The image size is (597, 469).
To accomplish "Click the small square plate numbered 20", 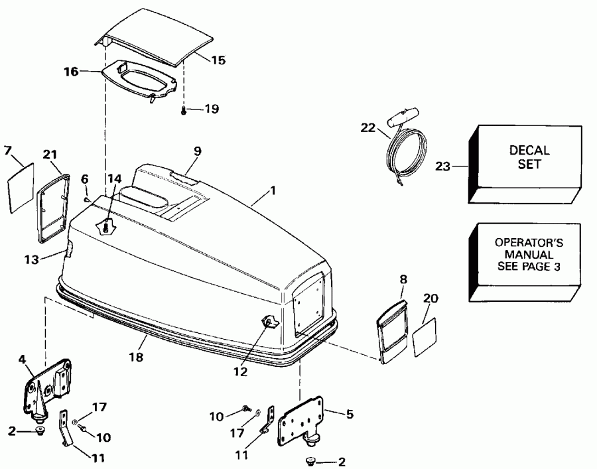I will (426, 336).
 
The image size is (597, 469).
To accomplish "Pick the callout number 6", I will (84, 178).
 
